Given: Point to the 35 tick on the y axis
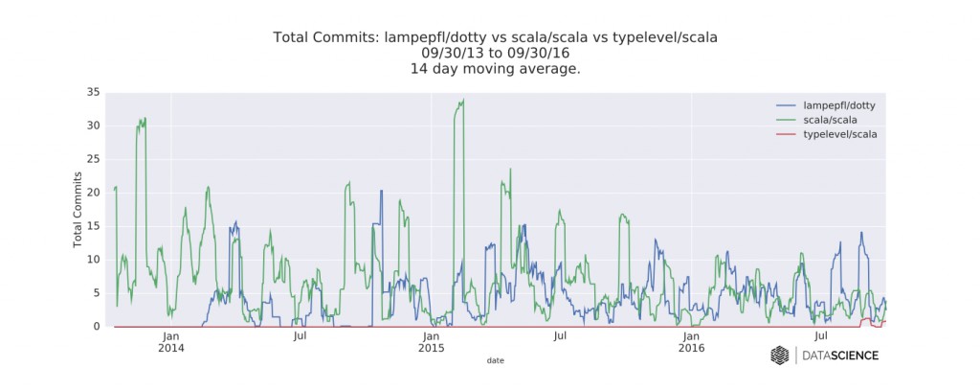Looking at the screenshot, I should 93,93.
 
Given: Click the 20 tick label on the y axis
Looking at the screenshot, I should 93,193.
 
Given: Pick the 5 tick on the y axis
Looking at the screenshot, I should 96,293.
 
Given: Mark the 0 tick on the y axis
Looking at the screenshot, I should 96,327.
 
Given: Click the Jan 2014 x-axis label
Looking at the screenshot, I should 171,342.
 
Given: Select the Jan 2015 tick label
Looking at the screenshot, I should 432,342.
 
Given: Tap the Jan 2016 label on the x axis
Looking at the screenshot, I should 692,342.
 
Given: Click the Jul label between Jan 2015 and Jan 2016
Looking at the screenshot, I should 561,336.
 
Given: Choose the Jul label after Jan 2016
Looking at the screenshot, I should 821,336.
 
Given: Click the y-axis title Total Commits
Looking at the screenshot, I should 78,210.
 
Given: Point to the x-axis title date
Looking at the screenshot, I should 496,361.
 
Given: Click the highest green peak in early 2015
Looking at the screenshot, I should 462,101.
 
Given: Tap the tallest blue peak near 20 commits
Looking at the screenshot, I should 381,191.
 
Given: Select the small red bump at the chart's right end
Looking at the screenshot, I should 867,320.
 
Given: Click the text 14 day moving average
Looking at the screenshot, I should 496,69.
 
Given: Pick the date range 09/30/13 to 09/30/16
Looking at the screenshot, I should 496,54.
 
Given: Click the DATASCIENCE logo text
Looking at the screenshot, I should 839,356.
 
